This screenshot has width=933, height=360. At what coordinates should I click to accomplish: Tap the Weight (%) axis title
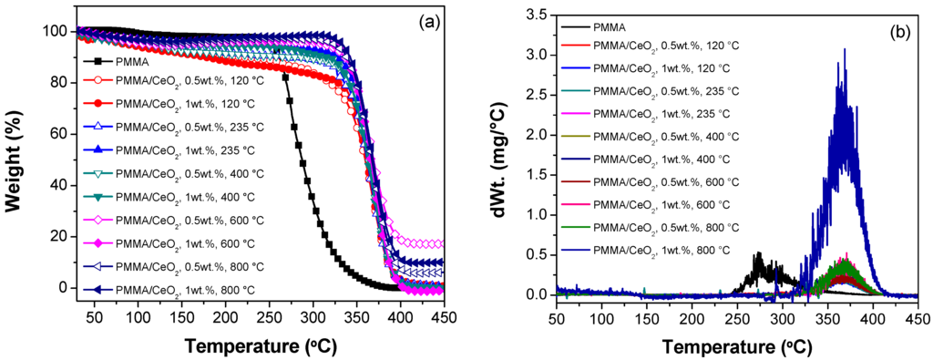pyautogui.click(x=13, y=159)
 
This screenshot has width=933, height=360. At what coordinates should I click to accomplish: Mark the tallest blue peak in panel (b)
pyautogui.click(x=845, y=51)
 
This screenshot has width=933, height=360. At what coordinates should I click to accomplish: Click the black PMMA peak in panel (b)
pyautogui.click(x=756, y=255)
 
